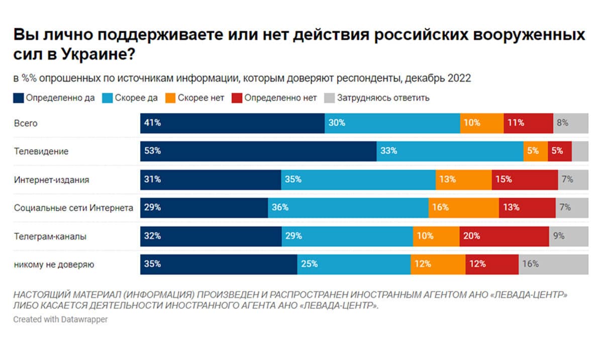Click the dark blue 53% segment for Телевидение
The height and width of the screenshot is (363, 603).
[x=258, y=151]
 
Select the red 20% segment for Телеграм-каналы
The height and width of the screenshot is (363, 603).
[x=504, y=236]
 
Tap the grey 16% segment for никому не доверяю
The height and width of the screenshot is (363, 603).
[x=553, y=264]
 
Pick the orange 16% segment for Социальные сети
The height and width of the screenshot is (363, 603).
[x=463, y=208]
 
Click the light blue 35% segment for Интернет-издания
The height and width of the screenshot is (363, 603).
[x=358, y=179]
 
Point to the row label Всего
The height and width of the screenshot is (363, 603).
[x=26, y=123]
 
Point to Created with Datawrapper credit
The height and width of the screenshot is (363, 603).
[x=60, y=319]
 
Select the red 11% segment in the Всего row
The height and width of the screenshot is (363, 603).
[x=528, y=123]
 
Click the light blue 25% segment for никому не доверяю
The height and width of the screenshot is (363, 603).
[x=354, y=264]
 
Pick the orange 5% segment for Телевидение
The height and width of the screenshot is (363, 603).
[x=535, y=151]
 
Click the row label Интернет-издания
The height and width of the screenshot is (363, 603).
[x=51, y=179]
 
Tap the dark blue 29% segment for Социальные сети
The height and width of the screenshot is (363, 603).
[x=204, y=208]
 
